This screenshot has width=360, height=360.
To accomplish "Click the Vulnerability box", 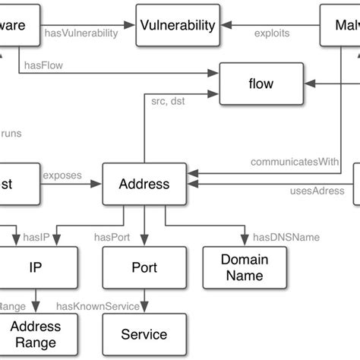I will (x=178, y=25).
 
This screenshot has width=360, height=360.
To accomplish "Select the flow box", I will (x=260, y=84).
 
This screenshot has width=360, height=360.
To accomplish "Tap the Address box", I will (x=144, y=184).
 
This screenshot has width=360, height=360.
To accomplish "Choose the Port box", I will (x=144, y=267).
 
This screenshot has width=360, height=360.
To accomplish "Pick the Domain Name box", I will (x=244, y=267).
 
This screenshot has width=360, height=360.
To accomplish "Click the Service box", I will (x=144, y=334).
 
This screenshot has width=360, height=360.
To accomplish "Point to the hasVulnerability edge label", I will (x=81, y=33).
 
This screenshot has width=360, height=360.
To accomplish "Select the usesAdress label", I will (x=317, y=191).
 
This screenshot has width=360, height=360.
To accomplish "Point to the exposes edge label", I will (x=62, y=175).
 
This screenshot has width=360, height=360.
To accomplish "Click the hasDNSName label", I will (x=286, y=237).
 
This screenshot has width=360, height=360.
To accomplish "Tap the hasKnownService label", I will (x=98, y=306).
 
